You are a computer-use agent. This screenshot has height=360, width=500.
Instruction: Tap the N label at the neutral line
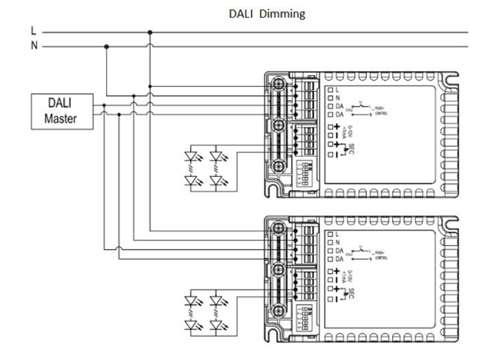point(32,46)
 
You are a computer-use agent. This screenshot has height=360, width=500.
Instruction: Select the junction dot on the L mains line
point(150,32)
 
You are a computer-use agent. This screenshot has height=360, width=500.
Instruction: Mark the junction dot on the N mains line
point(106,46)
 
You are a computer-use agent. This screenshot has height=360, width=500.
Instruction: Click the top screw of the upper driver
point(279,83)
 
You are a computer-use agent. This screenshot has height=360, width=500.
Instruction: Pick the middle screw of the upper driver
point(279,124)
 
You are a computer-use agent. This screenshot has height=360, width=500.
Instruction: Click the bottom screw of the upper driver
point(279,165)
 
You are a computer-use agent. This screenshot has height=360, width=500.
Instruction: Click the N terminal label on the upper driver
point(337,98)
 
